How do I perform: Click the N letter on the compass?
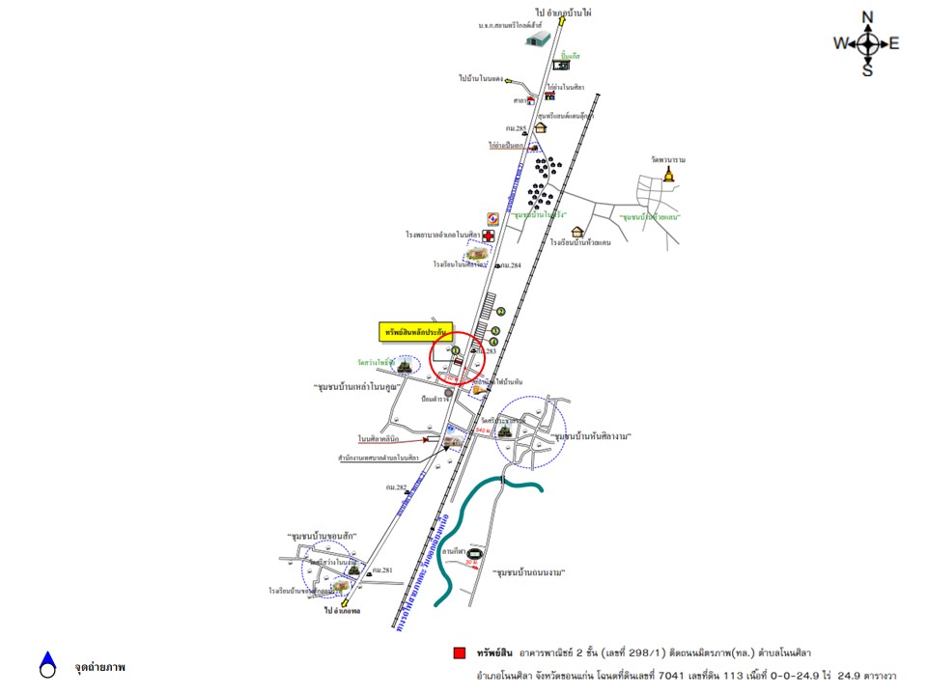pos(867,16)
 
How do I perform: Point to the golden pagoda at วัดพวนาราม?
pos(668,174)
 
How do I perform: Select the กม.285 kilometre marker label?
pos(515,128)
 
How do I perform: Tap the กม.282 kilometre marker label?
pos(398,488)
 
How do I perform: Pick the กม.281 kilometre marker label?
pos(382,570)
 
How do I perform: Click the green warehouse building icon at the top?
pos(538,39)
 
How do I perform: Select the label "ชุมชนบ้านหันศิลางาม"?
pos(592,436)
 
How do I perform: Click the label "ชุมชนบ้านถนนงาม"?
pos(527,572)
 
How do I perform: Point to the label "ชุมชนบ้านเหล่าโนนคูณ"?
pos(356,387)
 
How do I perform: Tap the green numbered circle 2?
pos(501,311)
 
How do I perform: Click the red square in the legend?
pos(460,653)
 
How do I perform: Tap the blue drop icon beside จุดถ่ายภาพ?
pos(47,664)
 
